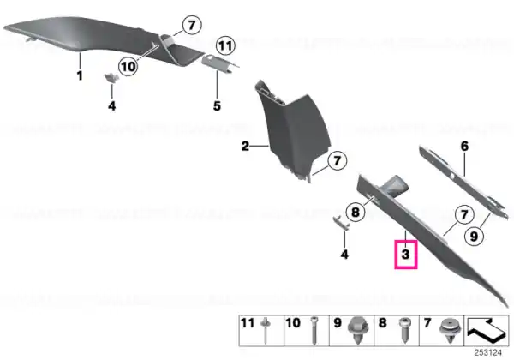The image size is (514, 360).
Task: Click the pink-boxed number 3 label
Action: pos(406,255)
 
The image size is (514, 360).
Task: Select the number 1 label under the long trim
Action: pos(80,75)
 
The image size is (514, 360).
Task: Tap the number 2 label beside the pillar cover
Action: pos(245,146)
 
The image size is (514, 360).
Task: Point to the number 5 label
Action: pos(217,106)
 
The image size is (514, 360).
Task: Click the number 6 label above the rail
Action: pos(465,146)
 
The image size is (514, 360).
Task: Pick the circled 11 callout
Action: pos(225,45)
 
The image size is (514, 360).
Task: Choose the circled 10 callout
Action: pos(128,67)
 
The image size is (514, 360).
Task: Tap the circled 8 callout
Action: pos(356,212)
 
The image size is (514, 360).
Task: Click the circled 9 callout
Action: pos(474,236)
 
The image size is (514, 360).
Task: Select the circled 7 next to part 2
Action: pos(338,160)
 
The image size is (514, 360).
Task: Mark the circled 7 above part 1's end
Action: pos(191,25)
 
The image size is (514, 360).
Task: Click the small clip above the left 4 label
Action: pos(111,78)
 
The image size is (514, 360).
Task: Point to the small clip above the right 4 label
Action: pos(342,222)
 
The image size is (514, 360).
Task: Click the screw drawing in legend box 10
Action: pos(314,330)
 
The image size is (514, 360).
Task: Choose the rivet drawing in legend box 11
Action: pos(265,330)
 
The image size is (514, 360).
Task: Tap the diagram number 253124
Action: pos(488,352)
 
